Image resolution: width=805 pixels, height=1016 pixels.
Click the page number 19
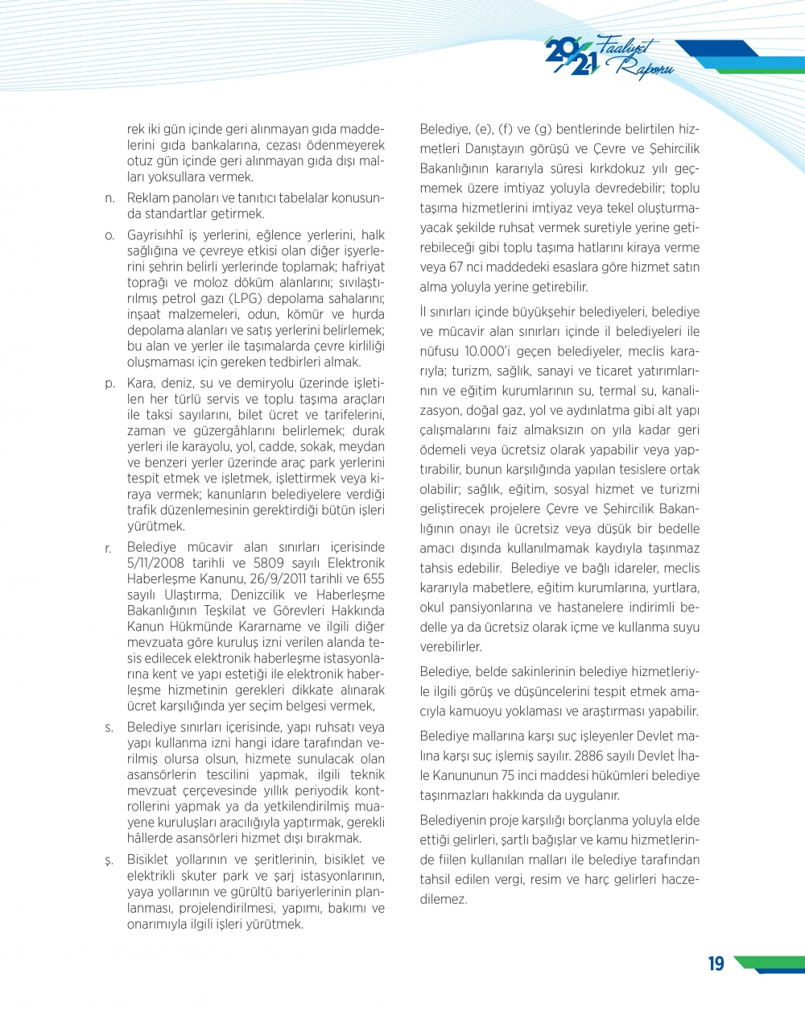click(716, 964)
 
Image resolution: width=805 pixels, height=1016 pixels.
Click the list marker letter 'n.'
click(110, 198)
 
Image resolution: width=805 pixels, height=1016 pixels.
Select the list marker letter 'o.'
click(110, 235)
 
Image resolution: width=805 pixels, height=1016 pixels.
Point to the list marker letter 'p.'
click(110, 384)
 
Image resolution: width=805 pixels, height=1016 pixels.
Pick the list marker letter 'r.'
click(109, 548)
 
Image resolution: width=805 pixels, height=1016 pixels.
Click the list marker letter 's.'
click(109, 728)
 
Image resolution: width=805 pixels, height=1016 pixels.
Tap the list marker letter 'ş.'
click(109, 860)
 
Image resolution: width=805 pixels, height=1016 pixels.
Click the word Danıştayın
click(497, 149)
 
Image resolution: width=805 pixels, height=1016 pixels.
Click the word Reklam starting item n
click(147, 198)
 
